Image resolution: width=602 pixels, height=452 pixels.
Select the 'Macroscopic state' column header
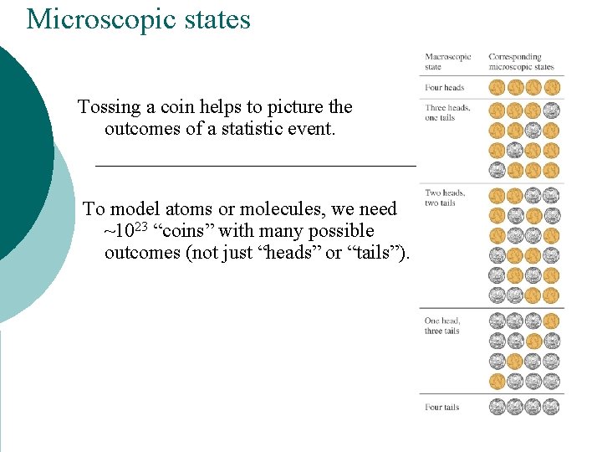tap(447, 62)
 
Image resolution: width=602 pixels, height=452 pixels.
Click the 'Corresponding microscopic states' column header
tap(521, 62)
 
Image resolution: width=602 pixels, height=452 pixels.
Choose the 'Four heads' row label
tap(444, 88)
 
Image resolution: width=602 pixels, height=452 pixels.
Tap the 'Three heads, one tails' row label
tap(447, 113)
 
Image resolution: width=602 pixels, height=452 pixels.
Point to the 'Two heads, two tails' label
tap(445, 198)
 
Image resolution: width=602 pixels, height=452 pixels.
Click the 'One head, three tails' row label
tap(442, 326)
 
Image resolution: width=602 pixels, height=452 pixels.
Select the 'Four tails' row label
tap(442, 407)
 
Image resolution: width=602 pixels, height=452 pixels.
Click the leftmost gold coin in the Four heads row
tap(497, 87)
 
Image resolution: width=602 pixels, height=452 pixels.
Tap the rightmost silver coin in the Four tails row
tap(552, 407)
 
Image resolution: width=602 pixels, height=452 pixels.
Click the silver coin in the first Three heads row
tap(552, 110)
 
